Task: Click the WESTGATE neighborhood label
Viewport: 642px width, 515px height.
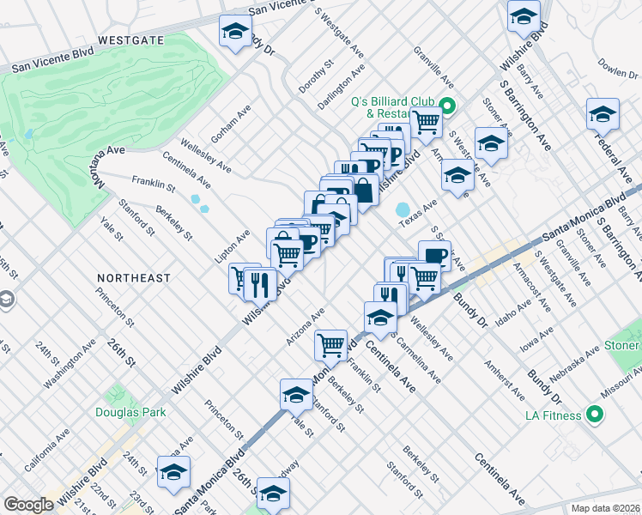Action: (x=130, y=39)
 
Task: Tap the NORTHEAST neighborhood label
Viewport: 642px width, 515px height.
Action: (x=133, y=278)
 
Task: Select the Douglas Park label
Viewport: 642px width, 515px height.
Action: (x=130, y=412)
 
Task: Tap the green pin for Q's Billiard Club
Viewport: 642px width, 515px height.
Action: (x=446, y=107)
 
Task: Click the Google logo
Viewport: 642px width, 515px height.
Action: (x=28, y=505)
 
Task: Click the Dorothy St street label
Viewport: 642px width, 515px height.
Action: (x=316, y=77)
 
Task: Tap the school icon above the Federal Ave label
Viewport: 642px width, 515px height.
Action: (x=603, y=114)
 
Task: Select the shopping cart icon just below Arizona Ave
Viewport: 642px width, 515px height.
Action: (x=330, y=345)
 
